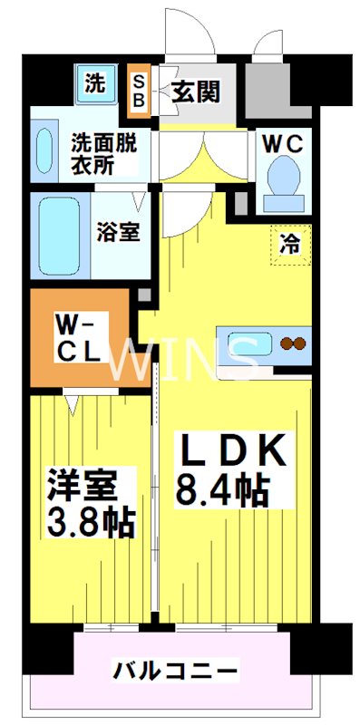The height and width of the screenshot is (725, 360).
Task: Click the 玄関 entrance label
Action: (196, 92)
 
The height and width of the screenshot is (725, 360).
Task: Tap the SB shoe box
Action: (140, 91)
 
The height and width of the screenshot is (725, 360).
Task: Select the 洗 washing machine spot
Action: (94, 84)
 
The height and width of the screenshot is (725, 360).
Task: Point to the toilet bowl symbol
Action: (285, 177)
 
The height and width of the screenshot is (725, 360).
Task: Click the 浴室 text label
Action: (119, 230)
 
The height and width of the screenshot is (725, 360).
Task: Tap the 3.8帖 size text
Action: (91, 521)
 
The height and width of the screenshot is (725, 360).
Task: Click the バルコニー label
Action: (176, 672)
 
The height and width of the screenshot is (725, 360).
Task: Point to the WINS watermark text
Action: (181, 359)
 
